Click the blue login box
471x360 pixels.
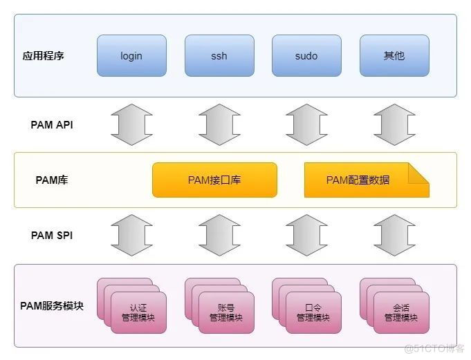(131, 55)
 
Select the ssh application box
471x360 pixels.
(219, 55)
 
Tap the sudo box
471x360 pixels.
(306, 55)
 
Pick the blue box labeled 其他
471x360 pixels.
(394, 55)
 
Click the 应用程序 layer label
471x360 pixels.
(44, 55)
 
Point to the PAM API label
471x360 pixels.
(52, 125)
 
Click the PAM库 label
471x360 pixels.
(52, 180)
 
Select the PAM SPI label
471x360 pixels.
(52, 235)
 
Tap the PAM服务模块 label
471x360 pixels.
(52, 305)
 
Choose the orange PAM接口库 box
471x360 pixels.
(214, 180)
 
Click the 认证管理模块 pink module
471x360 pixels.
(138, 313)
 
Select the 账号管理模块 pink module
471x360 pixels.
(226, 313)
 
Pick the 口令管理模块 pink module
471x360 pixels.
(313, 313)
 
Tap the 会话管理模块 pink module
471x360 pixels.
(401, 313)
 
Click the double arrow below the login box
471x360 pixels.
(131, 125)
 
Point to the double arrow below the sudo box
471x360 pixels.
(306, 125)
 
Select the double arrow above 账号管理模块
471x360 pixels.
(219, 235)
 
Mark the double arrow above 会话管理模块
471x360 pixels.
(394, 235)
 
